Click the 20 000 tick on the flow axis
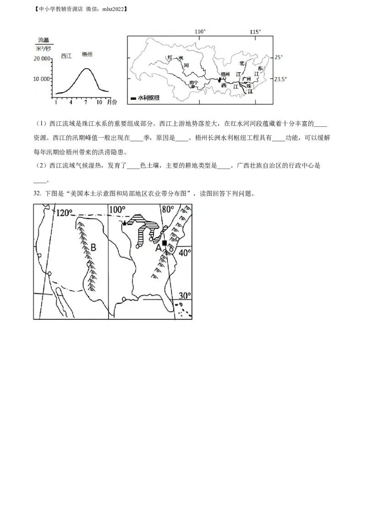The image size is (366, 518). click(x=43, y=59)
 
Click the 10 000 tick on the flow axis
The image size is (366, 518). click(x=43, y=79)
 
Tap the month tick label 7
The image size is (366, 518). click(x=86, y=102)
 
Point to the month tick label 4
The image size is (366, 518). click(x=71, y=102)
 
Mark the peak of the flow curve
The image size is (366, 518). click(x=86, y=69)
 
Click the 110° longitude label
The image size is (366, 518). click(x=200, y=32)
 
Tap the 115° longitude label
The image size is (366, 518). click(x=255, y=32)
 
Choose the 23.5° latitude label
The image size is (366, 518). click(x=280, y=79)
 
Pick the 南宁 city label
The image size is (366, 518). click(x=194, y=83)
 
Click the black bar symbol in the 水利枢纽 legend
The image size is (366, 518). click(x=133, y=98)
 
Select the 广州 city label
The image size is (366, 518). click(x=247, y=79)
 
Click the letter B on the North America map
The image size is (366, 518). click(x=93, y=248)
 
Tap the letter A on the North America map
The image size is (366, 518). click(x=159, y=248)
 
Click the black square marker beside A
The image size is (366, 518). click(x=165, y=243)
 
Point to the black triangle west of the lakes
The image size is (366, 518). click(x=124, y=223)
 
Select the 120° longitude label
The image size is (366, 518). click(x=65, y=213)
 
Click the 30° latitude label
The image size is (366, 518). click(x=184, y=296)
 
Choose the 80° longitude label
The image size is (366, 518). click(x=168, y=209)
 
